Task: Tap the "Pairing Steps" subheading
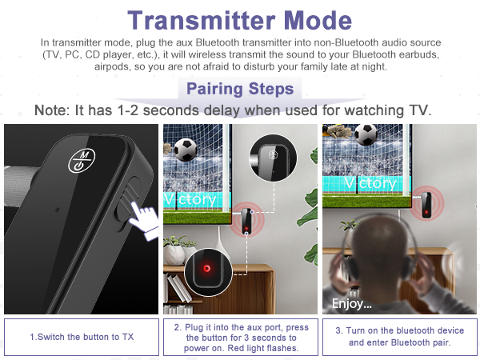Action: point(239,89)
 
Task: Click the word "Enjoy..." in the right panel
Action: point(352,303)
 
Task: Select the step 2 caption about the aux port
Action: point(240,337)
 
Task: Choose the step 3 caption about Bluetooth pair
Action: point(398,337)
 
